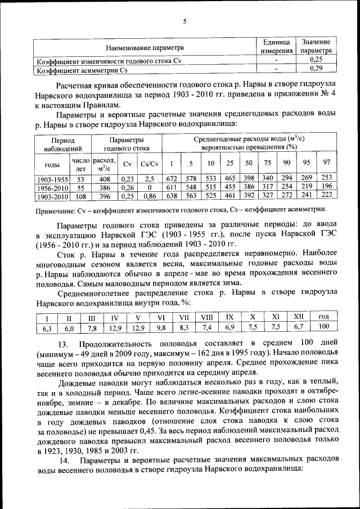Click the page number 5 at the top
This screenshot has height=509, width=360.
tap(184, 22)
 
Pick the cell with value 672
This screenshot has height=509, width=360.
tap(170, 179)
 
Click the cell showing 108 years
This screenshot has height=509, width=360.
tap(80, 197)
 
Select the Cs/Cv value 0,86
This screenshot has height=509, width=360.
tap(149, 197)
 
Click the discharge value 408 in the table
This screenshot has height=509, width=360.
tap(104, 179)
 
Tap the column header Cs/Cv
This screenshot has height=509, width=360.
tap(149, 164)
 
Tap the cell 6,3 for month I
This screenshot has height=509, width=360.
tap(46, 327)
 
